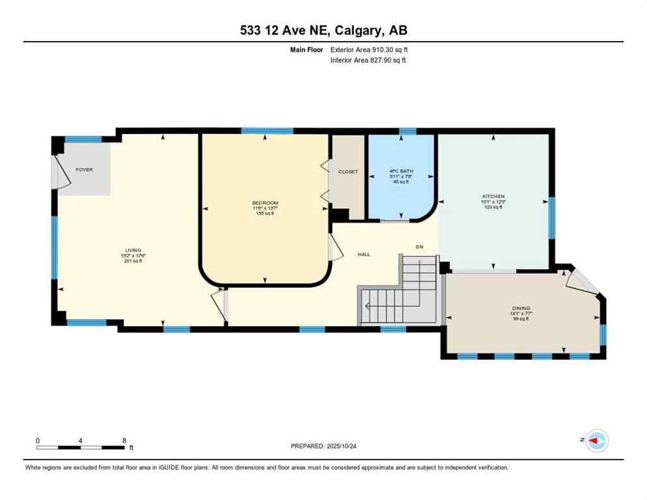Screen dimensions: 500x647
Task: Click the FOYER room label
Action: (84, 170)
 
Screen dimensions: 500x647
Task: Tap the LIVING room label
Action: (133, 251)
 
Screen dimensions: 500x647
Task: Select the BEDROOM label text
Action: (265, 203)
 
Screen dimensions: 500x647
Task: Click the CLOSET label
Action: (348, 172)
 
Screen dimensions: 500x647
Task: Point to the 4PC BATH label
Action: (401, 172)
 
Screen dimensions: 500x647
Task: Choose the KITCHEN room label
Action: (493, 197)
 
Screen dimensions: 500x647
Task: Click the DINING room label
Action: (521, 308)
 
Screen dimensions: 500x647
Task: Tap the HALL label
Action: (364, 255)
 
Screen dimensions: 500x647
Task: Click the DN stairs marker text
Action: (420, 246)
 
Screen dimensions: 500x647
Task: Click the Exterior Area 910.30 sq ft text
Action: (369, 49)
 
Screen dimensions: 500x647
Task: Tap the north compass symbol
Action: (596, 441)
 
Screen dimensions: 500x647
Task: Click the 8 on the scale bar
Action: (124, 440)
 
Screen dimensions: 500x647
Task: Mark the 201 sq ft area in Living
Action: (133, 262)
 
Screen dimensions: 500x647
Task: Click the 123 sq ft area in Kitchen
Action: (493, 208)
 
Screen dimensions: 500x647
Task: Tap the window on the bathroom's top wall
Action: (407, 132)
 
